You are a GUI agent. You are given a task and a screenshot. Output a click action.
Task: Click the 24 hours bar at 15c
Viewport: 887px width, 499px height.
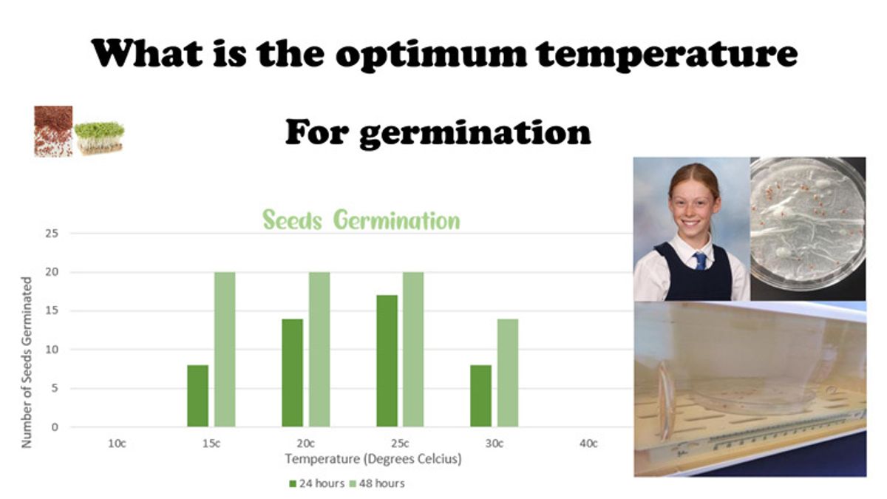click(x=197, y=396)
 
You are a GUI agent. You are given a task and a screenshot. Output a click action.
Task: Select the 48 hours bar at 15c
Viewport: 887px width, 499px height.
click(x=225, y=349)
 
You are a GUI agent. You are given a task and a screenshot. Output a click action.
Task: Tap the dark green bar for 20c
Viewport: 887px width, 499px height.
click(x=292, y=373)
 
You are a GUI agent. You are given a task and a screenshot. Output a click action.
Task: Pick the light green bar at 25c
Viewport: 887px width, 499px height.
click(x=413, y=349)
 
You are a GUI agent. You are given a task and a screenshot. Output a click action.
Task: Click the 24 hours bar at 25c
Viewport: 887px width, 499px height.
click(x=387, y=361)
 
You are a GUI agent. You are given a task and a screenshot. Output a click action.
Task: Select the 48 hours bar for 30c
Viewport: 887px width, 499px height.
click(x=508, y=373)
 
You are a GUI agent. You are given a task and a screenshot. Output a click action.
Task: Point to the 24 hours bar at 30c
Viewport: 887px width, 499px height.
click(x=480, y=396)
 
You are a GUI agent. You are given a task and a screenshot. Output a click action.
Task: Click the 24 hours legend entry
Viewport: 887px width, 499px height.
click(x=317, y=483)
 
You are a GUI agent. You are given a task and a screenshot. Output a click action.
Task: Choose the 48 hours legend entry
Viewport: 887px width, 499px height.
click(x=377, y=483)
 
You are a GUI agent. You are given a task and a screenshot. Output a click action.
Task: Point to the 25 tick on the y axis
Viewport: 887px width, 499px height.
click(x=52, y=234)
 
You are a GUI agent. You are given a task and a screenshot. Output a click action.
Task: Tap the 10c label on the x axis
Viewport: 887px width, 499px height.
click(x=117, y=444)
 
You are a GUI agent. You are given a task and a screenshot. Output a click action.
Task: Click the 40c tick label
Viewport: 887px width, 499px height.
click(x=588, y=444)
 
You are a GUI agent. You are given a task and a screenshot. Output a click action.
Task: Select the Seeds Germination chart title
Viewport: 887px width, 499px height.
click(x=361, y=220)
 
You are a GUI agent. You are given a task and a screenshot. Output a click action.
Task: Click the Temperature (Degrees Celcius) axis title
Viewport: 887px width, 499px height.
click(x=373, y=459)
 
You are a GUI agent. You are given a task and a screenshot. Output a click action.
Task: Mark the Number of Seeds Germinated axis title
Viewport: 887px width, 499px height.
click(x=26, y=362)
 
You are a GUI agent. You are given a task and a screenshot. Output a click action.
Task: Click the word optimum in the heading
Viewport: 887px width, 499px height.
click(x=432, y=54)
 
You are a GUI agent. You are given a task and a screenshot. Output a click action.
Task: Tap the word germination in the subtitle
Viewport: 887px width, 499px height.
click(x=475, y=134)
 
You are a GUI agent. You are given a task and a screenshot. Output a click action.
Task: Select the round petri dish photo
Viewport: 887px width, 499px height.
click(x=808, y=225)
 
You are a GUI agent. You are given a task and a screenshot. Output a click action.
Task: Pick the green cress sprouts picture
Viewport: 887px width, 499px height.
click(x=99, y=138)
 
